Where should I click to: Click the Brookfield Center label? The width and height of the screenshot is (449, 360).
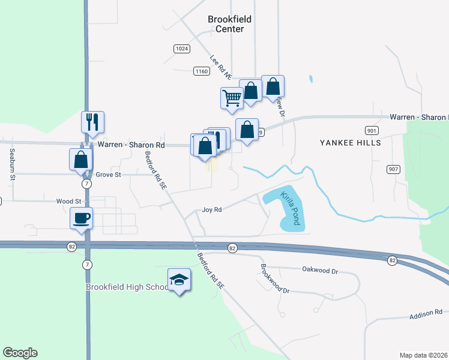tap(229, 24)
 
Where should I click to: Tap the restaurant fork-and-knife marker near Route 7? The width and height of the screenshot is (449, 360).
tap(92, 122)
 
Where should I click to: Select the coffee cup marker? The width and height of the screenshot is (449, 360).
tap(81, 218)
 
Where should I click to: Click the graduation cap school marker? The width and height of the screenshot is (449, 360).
tap(179, 280)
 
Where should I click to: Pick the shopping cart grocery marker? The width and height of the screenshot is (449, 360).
tap(232, 97)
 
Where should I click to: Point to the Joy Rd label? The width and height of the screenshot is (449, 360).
tap(212, 210)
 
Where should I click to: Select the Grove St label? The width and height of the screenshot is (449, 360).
tap(109, 175)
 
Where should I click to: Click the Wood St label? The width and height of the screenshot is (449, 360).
tap(68, 202)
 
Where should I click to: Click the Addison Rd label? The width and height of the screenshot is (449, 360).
tap(426, 313)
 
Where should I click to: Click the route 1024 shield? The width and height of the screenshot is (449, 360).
tap(182, 48)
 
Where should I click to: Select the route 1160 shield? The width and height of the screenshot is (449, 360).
tap(201, 71)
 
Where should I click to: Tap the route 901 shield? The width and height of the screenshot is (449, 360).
tap(371, 130)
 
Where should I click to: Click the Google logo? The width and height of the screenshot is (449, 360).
tap(20, 353)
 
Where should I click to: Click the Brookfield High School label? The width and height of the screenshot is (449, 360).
tap(128, 287)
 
